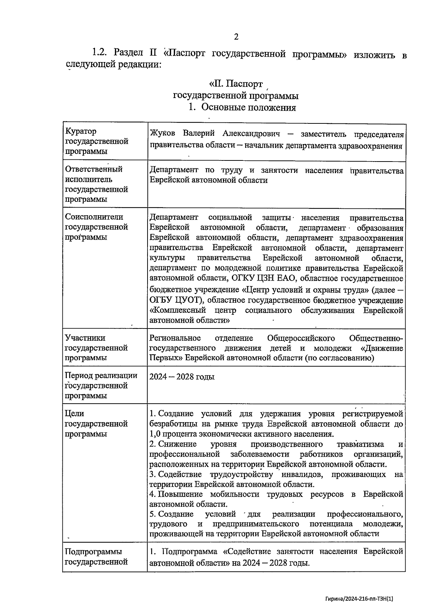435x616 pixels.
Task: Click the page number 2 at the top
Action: pos(236,37)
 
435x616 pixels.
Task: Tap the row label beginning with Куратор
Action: pos(96,141)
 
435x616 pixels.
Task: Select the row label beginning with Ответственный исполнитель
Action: pos(96,184)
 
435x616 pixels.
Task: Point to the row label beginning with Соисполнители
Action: pos(96,227)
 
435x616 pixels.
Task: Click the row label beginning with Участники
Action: pos(96,348)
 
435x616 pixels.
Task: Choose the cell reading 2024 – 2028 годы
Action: pos(182,376)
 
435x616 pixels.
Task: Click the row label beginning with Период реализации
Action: pos(101,385)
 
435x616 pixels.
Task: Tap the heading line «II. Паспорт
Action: pos(236,84)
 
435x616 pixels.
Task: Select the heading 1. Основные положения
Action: pos(242,107)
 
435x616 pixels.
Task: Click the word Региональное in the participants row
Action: pos(175,338)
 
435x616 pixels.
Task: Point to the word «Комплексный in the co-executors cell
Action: pos(178,311)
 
